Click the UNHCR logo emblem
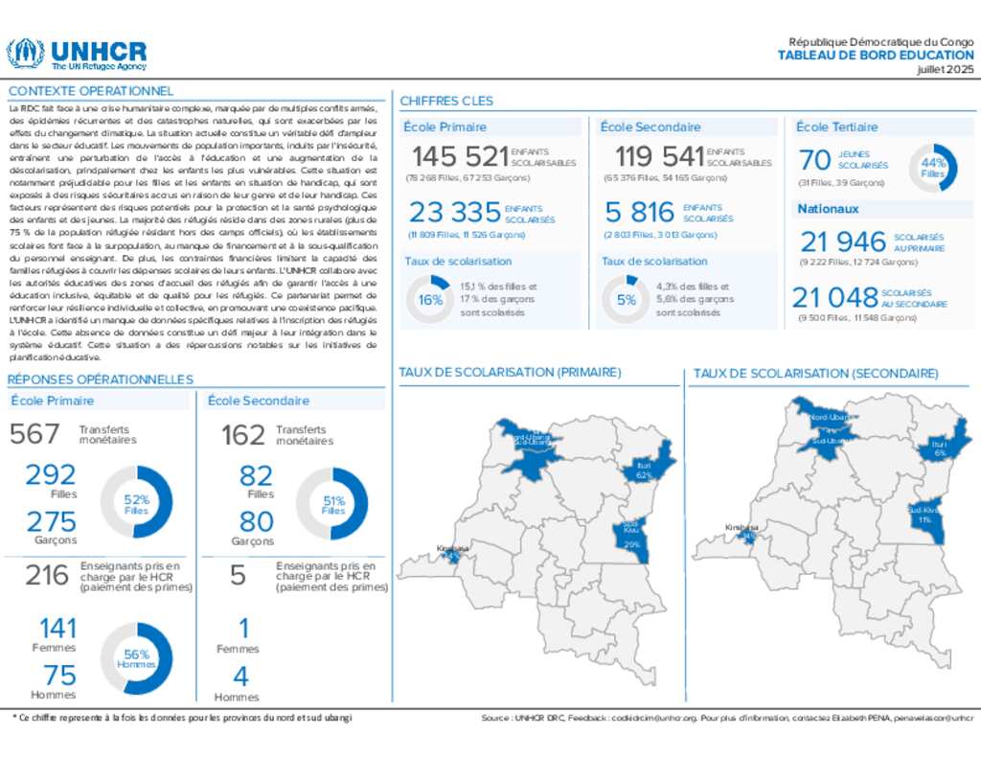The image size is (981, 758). tap(25, 54)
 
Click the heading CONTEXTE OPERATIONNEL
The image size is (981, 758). tap(90, 91)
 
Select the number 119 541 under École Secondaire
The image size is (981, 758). tap(658, 156)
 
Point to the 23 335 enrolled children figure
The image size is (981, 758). tap(455, 212)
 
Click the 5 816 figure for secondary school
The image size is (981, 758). tap(640, 212)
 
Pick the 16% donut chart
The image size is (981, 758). tap(430, 299)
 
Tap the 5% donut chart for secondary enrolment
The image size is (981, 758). tap(627, 299)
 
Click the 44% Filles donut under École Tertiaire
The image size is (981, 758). tap(933, 168)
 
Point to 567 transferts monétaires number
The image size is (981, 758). tap(34, 434)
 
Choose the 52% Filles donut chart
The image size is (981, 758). tap(137, 503)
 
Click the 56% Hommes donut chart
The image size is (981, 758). tap(137, 658)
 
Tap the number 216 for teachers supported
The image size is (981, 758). tap(47, 575)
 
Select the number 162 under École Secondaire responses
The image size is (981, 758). tap(242, 435)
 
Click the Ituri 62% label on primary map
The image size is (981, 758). tap(644, 470)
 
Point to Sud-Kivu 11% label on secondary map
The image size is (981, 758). tap(924, 516)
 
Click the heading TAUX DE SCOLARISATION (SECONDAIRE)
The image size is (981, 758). tap(815, 373)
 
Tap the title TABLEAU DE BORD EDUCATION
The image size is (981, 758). tap(876, 56)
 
